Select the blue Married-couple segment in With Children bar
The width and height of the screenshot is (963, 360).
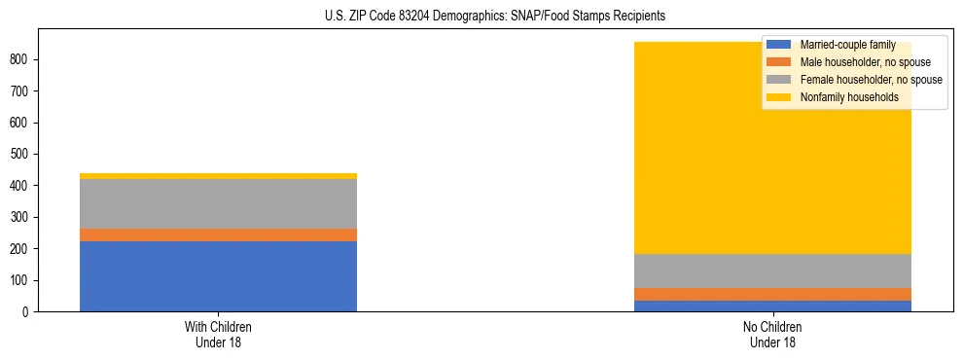(x=218, y=276)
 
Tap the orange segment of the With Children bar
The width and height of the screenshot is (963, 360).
(x=218, y=234)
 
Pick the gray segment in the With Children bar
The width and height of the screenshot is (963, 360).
(x=218, y=203)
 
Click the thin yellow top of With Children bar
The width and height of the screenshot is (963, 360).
(x=218, y=176)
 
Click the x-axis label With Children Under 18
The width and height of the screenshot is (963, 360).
(x=218, y=334)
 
